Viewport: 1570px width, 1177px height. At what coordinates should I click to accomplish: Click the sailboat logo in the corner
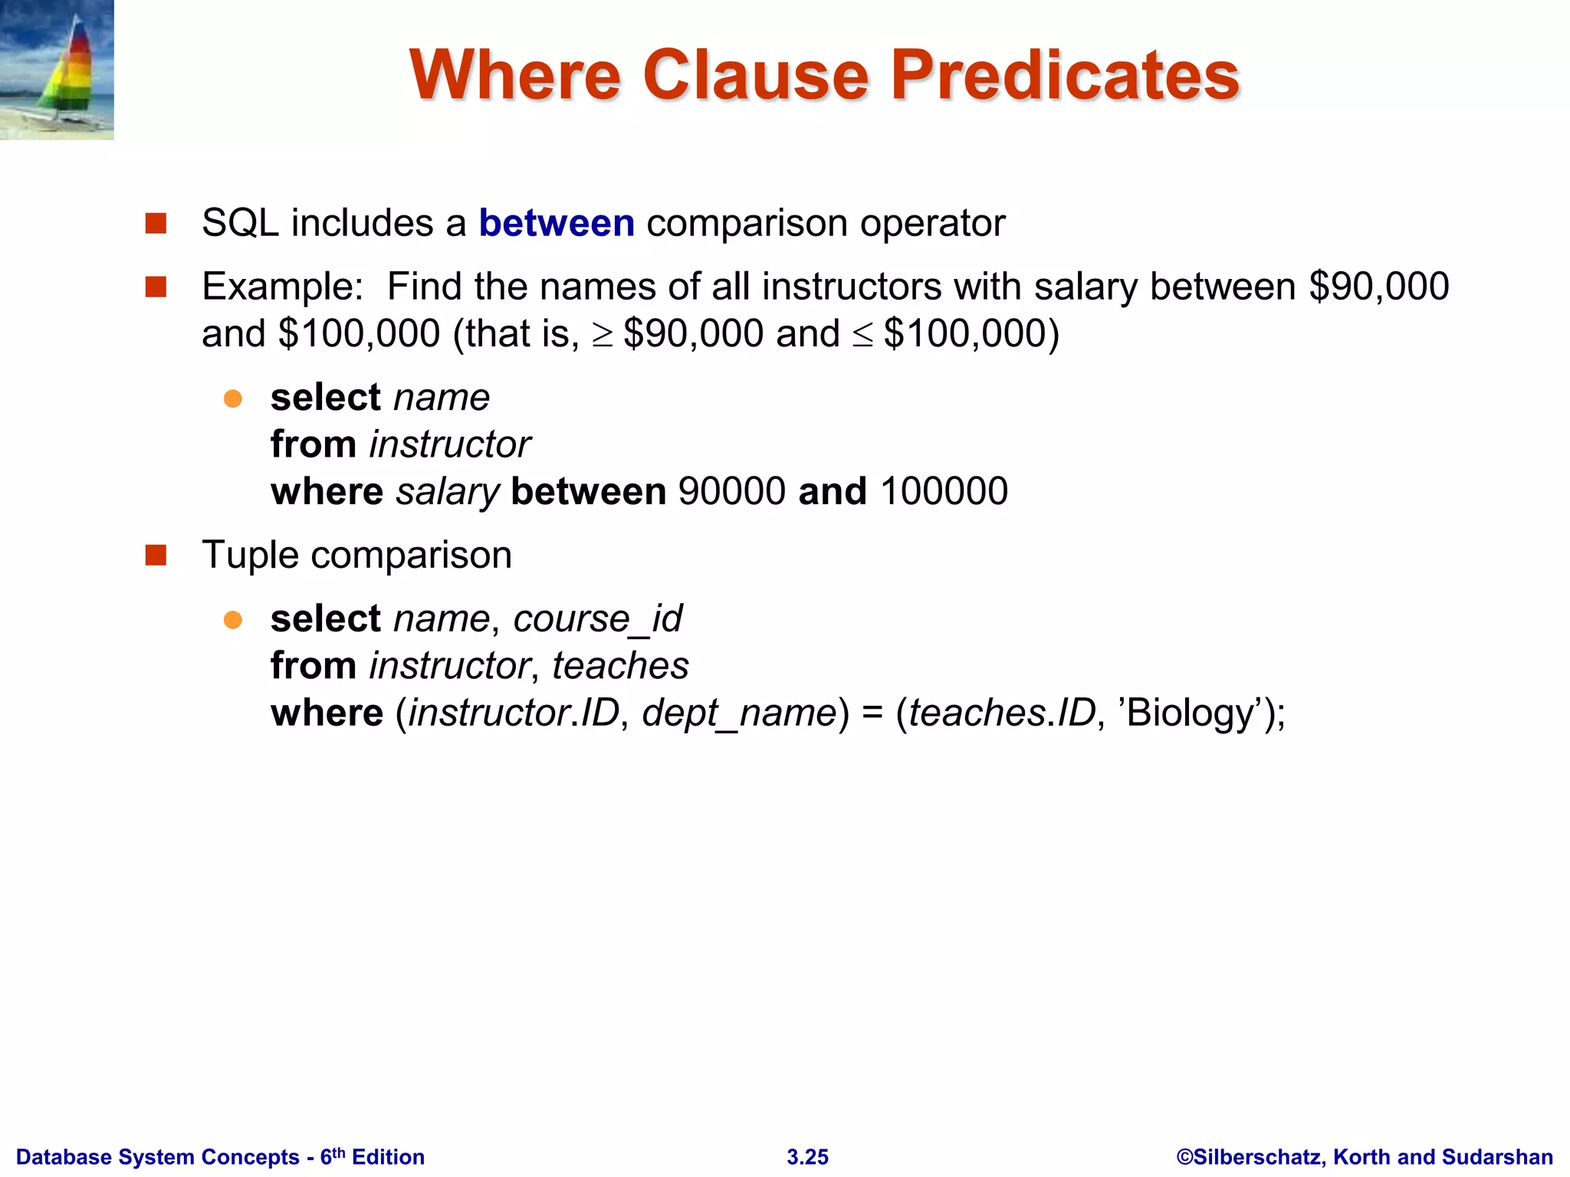pos(57,70)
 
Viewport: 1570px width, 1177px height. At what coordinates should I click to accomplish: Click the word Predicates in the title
pos(1064,75)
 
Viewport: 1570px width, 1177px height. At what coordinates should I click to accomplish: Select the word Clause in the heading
pos(755,75)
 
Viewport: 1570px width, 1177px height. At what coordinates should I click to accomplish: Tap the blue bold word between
pos(557,224)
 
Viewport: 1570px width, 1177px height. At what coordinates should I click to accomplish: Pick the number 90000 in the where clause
pos(732,491)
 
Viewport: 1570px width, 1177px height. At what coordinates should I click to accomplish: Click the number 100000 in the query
pos(944,491)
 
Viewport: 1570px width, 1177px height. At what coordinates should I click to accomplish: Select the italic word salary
pos(448,493)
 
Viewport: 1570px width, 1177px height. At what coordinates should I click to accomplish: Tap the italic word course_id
pos(597,619)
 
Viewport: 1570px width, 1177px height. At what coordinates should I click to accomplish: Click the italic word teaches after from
pos(620,666)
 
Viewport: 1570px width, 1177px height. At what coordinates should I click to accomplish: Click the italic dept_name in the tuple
pos(739,713)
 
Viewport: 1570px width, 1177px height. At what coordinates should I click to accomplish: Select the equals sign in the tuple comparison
pos(872,713)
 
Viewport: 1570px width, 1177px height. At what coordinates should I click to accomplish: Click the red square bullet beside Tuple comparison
pos(156,555)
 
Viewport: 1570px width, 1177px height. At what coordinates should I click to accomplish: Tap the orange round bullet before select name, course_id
pos(233,619)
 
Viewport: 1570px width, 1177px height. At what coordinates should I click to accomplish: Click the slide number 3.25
pos(807,1157)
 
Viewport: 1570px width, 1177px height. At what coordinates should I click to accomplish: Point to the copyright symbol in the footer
pos(1185,1157)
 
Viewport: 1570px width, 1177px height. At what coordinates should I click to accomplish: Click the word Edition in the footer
pos(388,1157)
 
